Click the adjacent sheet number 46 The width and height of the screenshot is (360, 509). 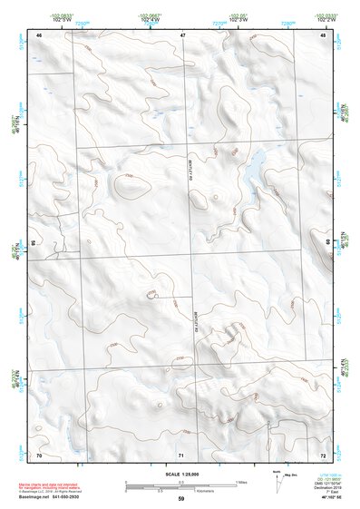(39, 34)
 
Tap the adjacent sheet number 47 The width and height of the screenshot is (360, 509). (182, 34)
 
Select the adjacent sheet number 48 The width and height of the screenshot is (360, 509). (323, 34)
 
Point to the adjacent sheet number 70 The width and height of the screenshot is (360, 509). (39, 454)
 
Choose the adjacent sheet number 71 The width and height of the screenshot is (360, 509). (181, 454)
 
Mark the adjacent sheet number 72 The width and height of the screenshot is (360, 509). (323, 454)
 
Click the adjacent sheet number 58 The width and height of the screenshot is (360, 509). (34, 243)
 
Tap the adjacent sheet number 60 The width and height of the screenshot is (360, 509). (327, 243)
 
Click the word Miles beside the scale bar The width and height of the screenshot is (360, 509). (242, 481)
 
